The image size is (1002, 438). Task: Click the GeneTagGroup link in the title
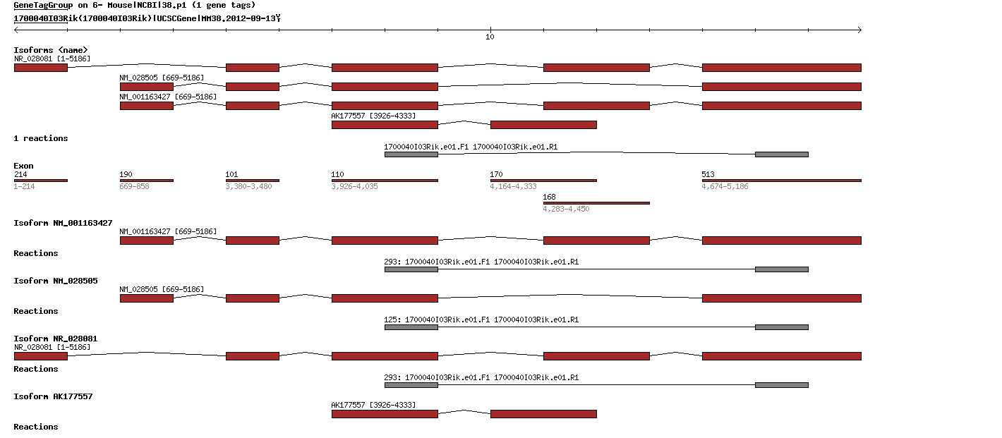coord(40,5)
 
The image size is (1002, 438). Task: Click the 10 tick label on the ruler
coord(490,37)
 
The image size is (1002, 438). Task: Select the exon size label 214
coord(20,174)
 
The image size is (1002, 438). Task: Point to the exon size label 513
coord(708,174)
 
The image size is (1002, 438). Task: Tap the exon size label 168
coord(549,197)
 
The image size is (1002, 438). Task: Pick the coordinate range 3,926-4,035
coord(354,186)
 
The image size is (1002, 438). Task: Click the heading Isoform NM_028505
coord(56,281)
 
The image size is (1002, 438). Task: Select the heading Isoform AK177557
coord(53,396)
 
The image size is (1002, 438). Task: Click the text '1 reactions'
coord(41,138)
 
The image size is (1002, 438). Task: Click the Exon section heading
coord(23,166)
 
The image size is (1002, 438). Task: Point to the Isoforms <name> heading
coord(51,49)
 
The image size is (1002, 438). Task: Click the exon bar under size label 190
coord(146,181)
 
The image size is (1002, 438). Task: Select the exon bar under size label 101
coord(252,181)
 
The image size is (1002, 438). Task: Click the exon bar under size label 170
coord(543,181)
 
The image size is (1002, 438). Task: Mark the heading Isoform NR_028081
coord(56,339)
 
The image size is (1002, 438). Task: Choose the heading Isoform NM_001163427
coord(63,223)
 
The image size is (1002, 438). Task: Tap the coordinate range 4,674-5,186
coord(725,186)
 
